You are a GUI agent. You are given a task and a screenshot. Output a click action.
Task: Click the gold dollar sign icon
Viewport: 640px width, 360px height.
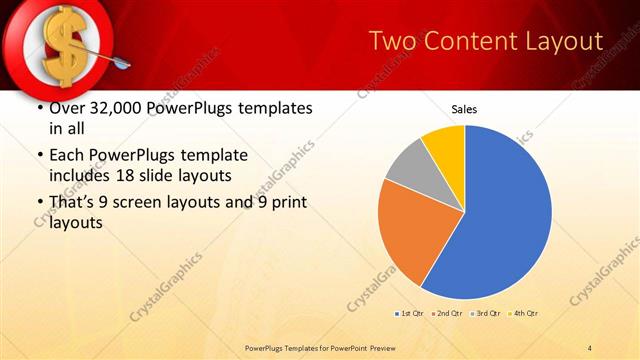coord(59,44)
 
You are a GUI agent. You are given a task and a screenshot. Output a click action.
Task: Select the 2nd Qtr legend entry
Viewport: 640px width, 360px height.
coord(447,314)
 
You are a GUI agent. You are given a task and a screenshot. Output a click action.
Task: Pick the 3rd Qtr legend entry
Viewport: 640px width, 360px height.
coord(486,314)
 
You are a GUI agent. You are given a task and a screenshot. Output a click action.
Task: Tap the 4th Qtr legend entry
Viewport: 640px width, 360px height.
coord(524,314)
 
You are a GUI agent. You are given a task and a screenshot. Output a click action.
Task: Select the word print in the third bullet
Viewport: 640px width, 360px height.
coord(288,203)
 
